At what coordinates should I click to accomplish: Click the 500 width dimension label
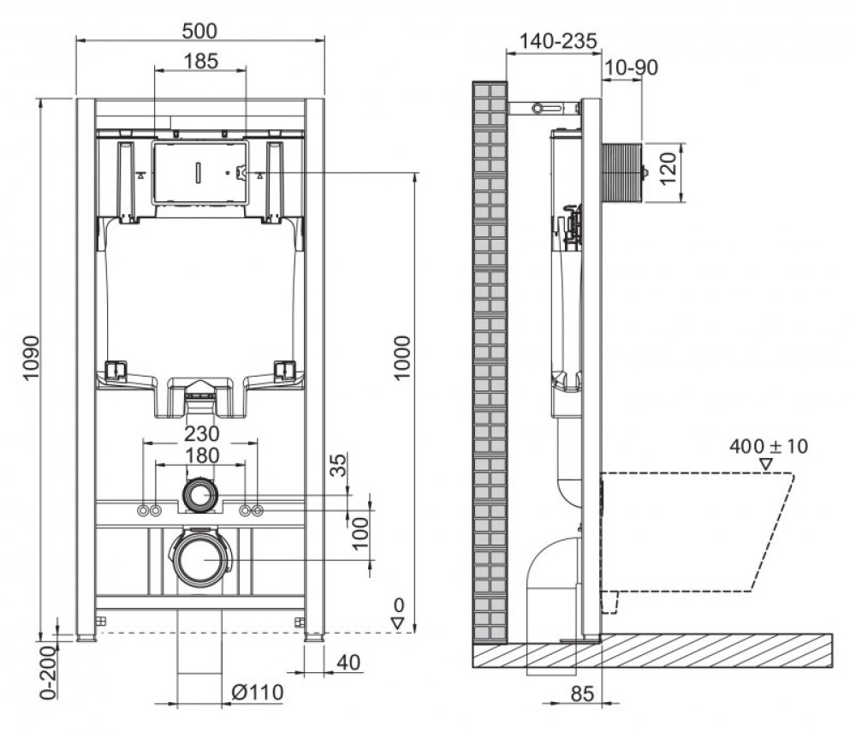coord(199,31)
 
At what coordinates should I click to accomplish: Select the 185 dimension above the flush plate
coord(199,61)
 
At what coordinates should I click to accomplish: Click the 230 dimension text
coord(199,434)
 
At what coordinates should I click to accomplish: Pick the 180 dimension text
coord(199,455)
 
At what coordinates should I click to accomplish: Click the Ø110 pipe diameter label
coord(256,692)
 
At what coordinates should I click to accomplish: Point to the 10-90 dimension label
coord(631,68)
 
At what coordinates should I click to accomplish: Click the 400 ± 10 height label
coord(769,446)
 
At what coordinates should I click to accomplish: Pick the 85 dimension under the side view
coord(582,696)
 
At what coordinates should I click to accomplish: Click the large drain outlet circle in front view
coord(200,559)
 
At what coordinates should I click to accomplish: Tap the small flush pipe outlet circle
coord(200,495)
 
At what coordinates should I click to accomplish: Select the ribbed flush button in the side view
coord(622,172)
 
